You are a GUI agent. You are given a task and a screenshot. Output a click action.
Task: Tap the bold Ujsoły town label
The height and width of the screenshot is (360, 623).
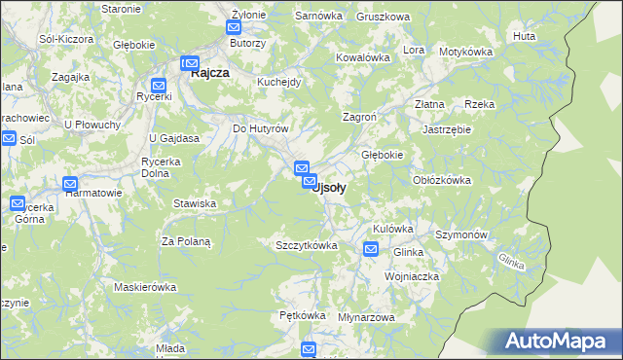(331, 188)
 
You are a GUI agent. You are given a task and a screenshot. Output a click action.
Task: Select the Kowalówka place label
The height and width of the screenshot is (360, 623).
(362, 57)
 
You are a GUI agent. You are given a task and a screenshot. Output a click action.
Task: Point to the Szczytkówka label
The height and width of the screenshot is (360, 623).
(307, 245)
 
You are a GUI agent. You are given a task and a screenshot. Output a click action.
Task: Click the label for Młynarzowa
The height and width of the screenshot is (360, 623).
(366, 317)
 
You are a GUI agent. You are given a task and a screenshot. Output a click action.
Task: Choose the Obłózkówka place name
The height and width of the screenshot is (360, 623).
(442, 179)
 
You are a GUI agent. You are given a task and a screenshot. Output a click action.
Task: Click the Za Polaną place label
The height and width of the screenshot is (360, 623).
(186, 240)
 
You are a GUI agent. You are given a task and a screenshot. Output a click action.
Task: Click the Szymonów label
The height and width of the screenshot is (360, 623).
(461, 235)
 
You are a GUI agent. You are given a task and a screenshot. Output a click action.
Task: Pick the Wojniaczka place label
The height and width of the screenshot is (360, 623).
(412, 276)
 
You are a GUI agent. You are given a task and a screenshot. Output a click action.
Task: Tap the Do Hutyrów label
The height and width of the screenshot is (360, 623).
(260, 128)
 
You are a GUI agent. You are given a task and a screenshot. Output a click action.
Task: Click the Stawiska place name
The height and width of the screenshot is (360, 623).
(194, 203)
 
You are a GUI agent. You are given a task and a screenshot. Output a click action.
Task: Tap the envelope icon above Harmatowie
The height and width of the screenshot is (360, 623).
(70, 183)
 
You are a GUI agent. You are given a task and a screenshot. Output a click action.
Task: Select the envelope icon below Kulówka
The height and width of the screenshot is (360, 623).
(371, 250)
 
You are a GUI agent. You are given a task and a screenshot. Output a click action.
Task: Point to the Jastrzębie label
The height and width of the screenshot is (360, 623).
(447, 128)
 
